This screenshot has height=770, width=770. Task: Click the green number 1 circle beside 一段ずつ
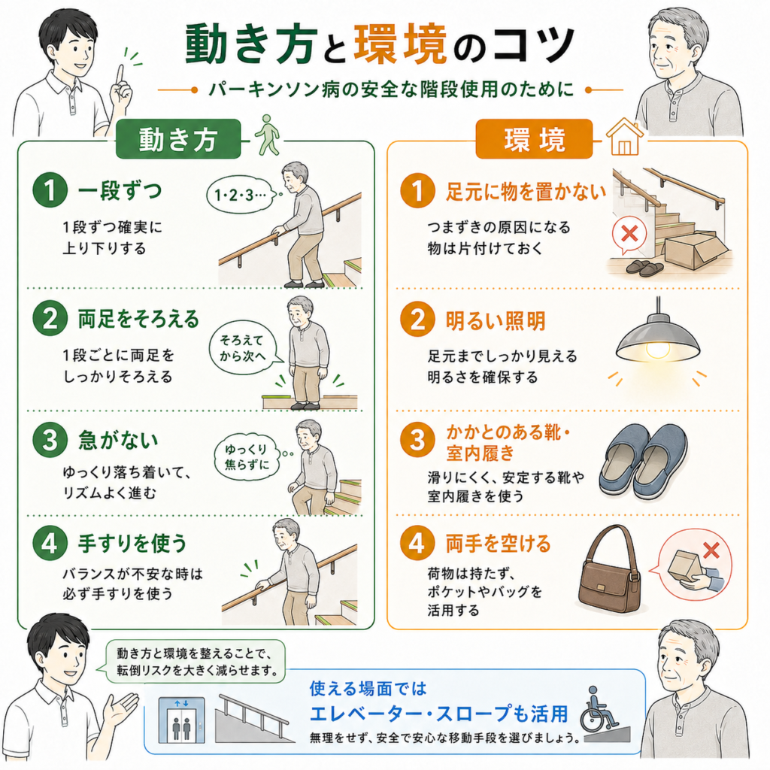[x=50, y=190]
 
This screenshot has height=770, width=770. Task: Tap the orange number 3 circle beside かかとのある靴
[x=417, y=439]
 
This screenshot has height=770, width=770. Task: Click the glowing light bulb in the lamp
[x=657, y=350]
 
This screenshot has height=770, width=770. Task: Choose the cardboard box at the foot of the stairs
[x=696, y=250]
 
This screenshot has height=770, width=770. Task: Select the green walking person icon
[x=267, y=135]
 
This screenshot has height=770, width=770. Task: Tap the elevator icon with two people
[x=181, y=720]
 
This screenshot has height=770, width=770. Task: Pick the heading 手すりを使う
[x=132, y=543]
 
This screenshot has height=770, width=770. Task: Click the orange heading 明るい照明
[x=496, y=320]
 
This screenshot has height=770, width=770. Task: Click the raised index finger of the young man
[x=120, y=74]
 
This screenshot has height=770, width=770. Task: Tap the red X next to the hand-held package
[x=711, y=550]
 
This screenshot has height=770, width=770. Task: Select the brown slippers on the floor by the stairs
[x=644, y=268]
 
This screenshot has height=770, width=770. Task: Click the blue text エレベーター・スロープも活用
[x=438, y=714]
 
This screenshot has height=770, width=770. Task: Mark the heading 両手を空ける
[x=498, y=544]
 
